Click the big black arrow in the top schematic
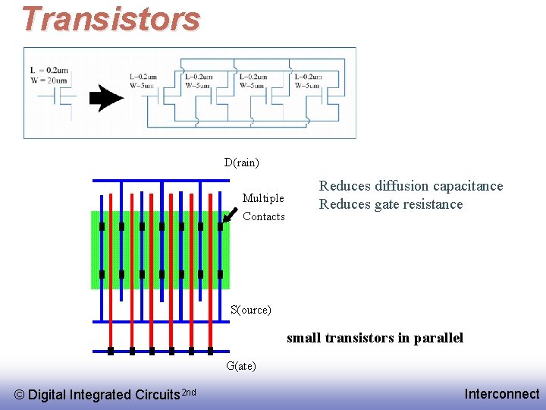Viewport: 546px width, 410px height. (106, 97)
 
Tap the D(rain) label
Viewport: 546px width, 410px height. (241, 162)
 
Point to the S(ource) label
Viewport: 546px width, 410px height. (250, 310)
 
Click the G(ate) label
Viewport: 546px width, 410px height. (241, 366)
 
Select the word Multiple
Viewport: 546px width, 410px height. (263, 198)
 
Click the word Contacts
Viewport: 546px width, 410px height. (264, 216)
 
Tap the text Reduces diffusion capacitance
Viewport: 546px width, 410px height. (410, 186)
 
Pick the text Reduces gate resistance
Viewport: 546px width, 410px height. (391, 204)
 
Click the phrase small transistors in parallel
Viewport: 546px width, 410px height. (375, 338)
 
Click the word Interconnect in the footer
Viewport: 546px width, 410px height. (502, 393)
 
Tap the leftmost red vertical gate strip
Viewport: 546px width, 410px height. (111, 266)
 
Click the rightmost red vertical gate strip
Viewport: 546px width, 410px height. (210, 266)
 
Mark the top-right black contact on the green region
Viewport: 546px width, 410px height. (220, 226)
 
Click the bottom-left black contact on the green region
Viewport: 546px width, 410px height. (102, 274)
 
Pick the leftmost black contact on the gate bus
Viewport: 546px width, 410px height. (111, 352)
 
